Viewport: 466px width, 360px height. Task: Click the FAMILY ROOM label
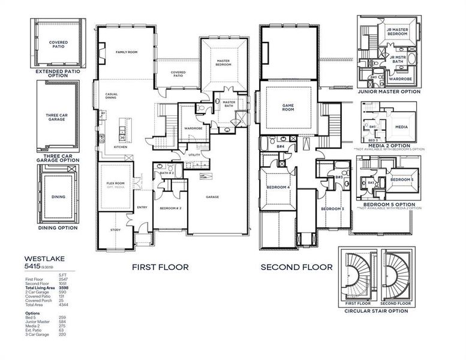(x=127, y=53)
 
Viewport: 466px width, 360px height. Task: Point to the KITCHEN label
(x=121, y=146)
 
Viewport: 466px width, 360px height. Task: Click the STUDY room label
(x=115, y=230)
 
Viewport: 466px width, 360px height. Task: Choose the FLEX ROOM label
(x=115, y=183)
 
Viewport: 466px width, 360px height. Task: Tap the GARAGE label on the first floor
(x=213, y=197)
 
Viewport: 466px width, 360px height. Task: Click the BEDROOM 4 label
(x=278, y=187)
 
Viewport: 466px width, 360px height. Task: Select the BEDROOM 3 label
(x=332, y=208)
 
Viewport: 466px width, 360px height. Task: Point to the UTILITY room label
(x=194, y=155)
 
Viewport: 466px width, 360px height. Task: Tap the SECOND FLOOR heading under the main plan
(x=296, y=267)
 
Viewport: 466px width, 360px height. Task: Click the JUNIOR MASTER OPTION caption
(x=389, y=92)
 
